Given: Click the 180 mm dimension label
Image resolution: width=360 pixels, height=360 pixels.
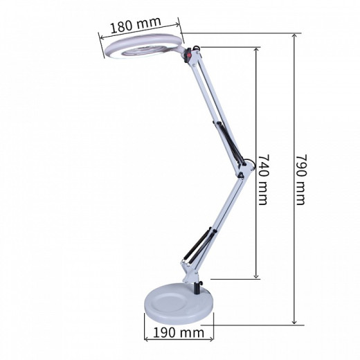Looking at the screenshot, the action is pos(136,24).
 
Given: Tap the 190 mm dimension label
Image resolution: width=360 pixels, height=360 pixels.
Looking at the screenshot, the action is pos(179,332).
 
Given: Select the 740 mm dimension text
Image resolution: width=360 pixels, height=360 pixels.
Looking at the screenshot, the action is pos(263,179).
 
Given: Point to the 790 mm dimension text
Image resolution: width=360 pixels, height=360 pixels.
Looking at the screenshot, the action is pos(301,179).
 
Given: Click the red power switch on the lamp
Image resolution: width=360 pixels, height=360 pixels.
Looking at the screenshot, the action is pos(189,55).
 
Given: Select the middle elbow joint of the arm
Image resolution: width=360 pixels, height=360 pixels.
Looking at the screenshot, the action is pos(245,169).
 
